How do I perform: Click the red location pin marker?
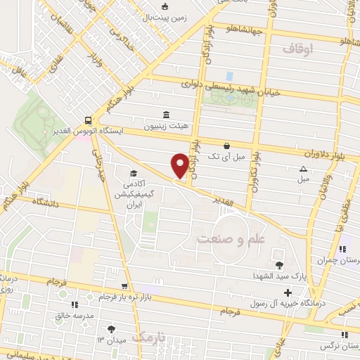(180, 166)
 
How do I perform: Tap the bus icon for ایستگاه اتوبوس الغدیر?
(87, 120)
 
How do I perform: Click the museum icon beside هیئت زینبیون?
(167, 115)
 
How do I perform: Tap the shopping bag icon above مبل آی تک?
(226, 146)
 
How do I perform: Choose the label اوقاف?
(297, 50)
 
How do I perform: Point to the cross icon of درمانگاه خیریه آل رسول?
(288, 292)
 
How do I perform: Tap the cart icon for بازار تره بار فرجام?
(124, 286)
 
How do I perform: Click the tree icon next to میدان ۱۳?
(111, 328)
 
